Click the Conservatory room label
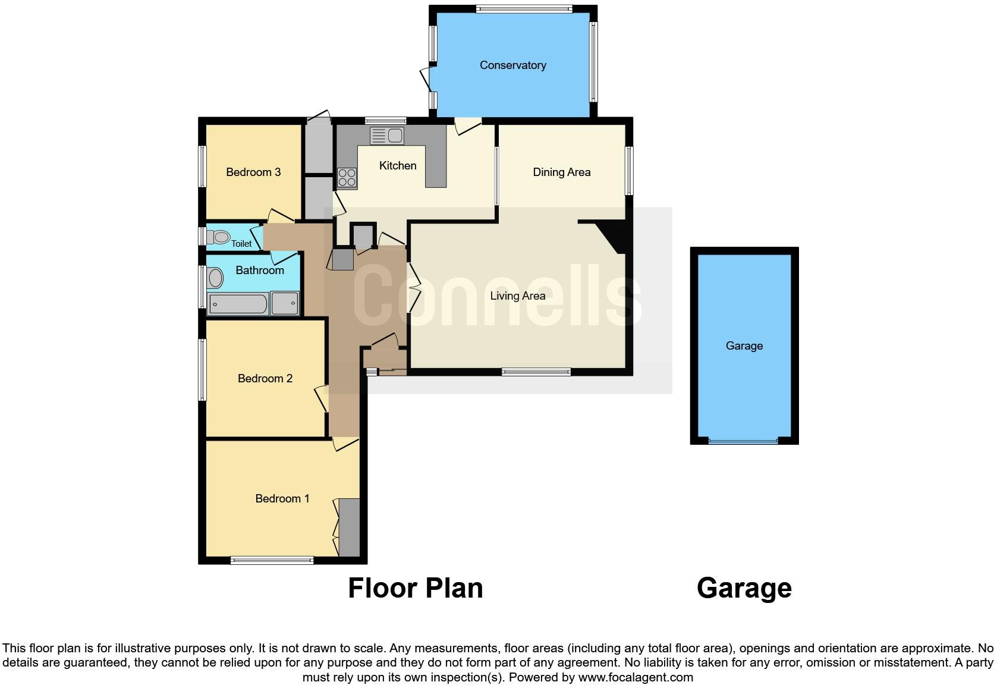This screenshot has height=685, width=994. tap(512, 65)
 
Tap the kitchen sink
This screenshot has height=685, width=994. tap(387, 136)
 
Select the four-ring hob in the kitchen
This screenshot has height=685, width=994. tap(347, 177)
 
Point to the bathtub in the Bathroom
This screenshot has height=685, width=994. tap(238, 304)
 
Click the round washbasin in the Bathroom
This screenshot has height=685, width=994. tap(215, 278)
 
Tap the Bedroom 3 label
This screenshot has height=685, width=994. tap(253, 172)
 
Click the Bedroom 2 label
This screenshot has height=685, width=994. tap(265, 379)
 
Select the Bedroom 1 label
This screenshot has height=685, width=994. tap(282, 499)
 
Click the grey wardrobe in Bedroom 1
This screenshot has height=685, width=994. tap(349, 527)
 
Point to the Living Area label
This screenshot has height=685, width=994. tap(517, 296)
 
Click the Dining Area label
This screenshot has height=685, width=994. tap(561, 172)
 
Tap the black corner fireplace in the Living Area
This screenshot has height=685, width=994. tap(612, 235)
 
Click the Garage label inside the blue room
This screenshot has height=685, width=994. tap(744, 346)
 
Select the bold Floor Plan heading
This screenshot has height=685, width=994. tap(416, 588)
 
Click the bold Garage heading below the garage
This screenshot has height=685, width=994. tap(744, 588)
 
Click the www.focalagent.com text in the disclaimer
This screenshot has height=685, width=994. tap(636, 677)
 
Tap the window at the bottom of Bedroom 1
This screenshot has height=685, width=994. tap(272, 560)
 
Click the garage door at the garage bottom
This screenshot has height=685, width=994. tap(743, 441)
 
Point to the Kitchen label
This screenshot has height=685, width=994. tap(398, 166)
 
